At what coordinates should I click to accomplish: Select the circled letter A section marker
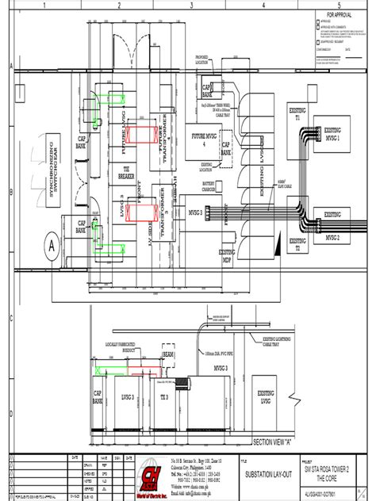click(52, 246)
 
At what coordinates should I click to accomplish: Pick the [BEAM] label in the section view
click(168, 354)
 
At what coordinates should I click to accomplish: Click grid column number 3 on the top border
click(191, 5)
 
